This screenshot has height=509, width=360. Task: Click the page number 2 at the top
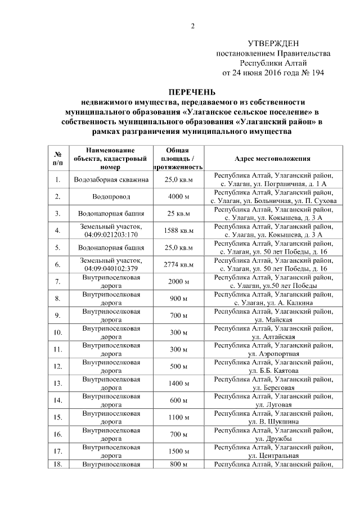192,26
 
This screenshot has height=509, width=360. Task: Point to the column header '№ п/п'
57,159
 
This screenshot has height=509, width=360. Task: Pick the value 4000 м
178,197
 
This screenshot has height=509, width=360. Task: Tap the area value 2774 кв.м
178,264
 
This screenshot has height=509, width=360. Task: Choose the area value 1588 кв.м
178,231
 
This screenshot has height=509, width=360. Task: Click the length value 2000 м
178,281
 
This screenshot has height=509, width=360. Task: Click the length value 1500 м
178,451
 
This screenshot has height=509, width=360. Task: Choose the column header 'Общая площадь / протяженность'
178,159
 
